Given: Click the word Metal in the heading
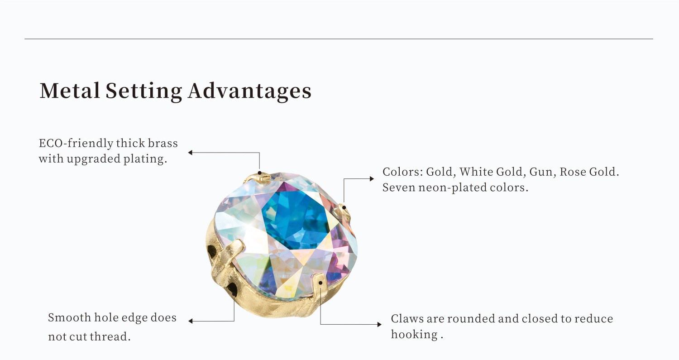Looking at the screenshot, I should coord(70,91).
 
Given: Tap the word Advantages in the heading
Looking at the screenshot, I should coord(249,91).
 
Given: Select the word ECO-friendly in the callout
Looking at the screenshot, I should coord(76,144).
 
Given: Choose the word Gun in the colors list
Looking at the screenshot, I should coord(544,172).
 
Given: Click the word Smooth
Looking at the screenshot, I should coord(69,317).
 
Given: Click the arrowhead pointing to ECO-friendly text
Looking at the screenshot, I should coord(191,153).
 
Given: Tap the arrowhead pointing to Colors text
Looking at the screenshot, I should coord(372,179).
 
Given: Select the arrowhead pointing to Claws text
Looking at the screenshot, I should coord(379,324).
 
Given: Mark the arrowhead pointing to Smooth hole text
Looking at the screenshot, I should coord(191,321).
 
